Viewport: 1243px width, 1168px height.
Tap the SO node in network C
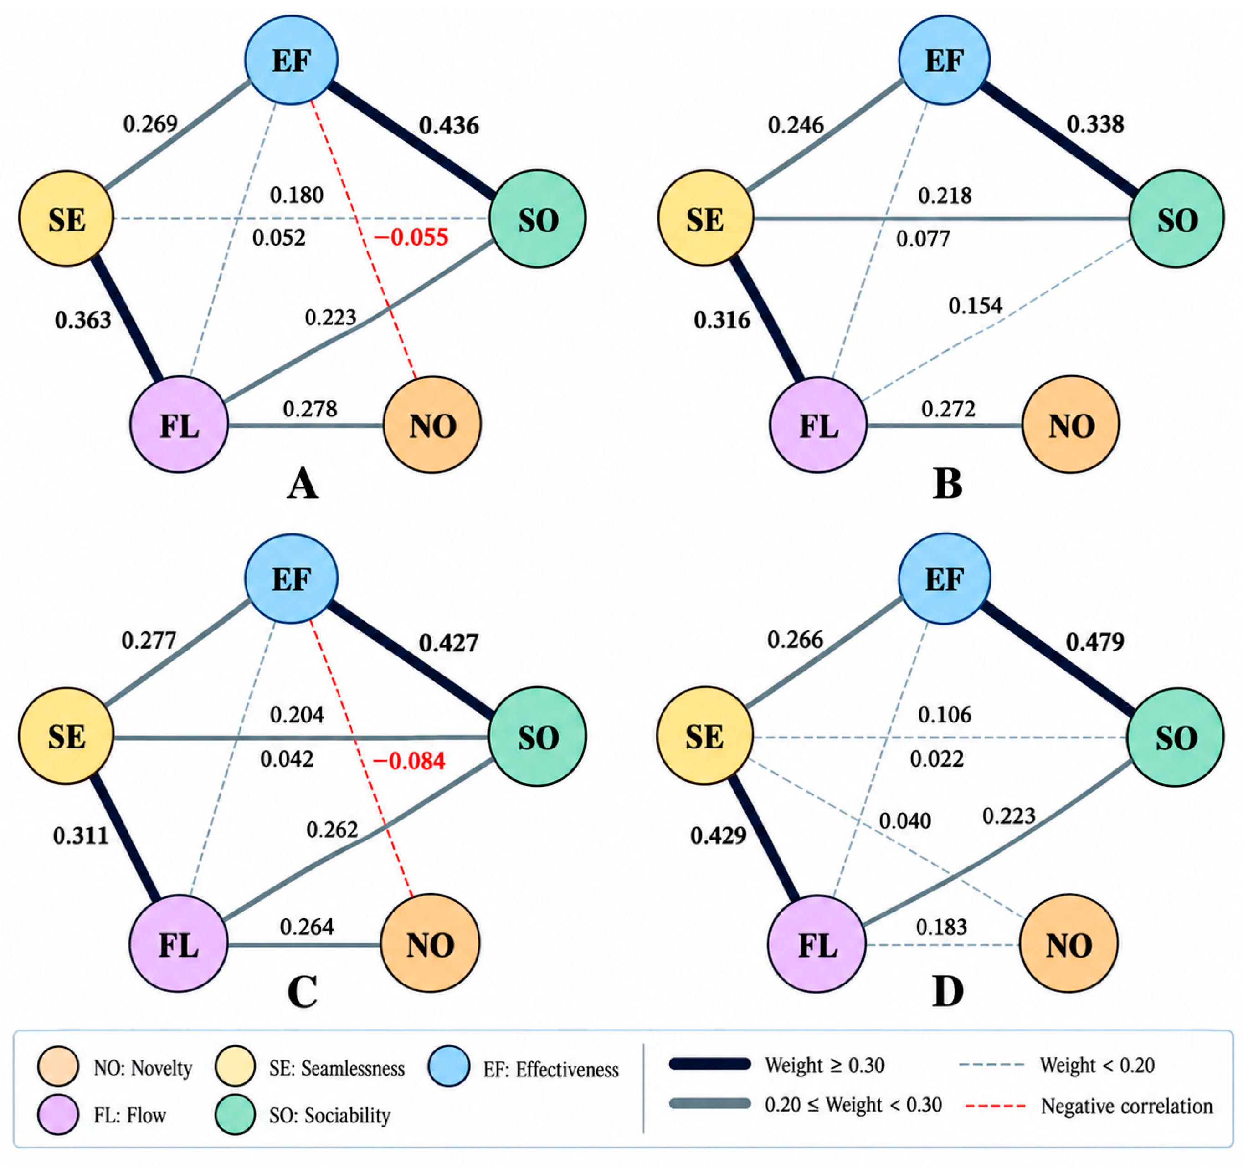click(538, 737)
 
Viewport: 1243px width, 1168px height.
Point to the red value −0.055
click(411, 238)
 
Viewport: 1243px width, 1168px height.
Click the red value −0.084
click(409, 761)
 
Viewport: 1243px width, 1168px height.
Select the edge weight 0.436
click(449, 126)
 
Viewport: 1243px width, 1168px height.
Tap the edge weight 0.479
click(1095, 641)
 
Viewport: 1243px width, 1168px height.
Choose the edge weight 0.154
click(976, 306)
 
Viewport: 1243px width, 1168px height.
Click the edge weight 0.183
click(941, 927)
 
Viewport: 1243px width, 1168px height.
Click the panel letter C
click(303, 992)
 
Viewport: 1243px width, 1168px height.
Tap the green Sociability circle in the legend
click(235, 1114)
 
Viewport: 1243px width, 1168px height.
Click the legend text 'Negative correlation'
click(1127, 1106)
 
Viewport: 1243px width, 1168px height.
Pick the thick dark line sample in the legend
click(709, 1064)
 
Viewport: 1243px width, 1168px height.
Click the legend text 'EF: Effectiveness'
click(551, 1070)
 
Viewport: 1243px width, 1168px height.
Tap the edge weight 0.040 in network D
click(905, 820)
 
